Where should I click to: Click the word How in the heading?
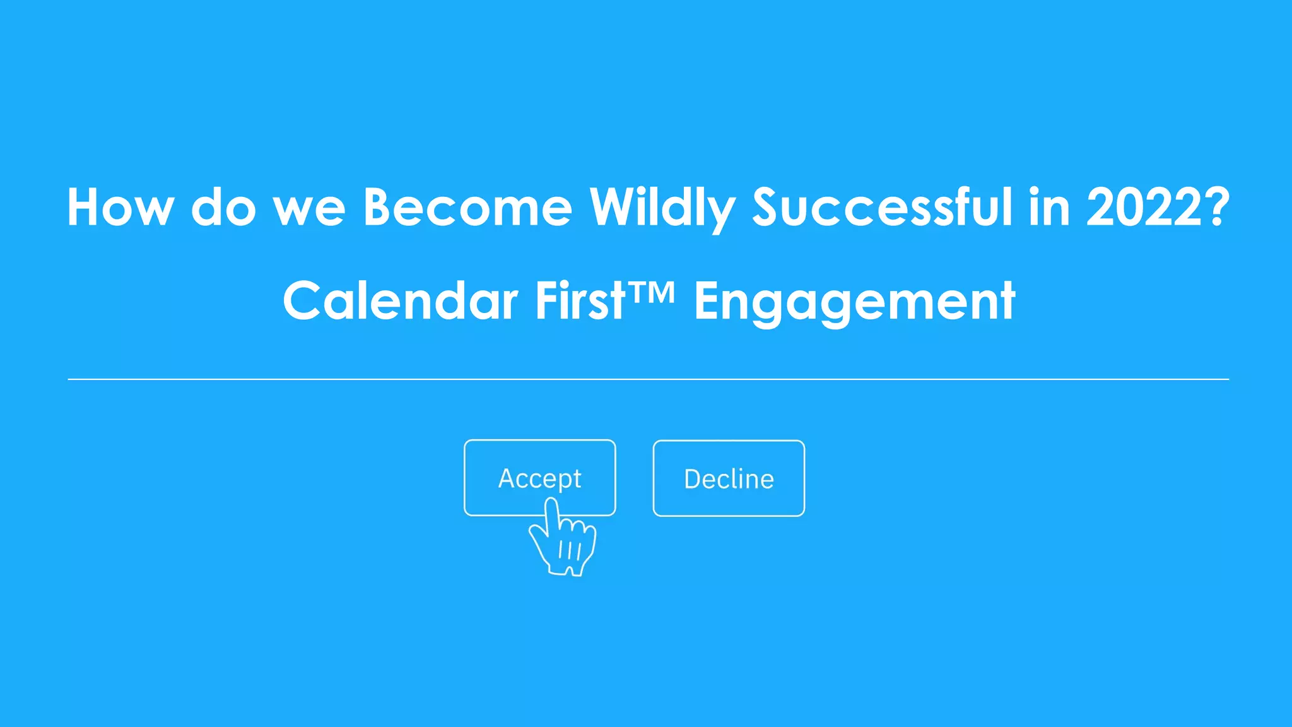point(120,207)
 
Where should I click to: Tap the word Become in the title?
point(467,207)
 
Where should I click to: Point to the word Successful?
point(882,207)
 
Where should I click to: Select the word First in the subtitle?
point(580,301)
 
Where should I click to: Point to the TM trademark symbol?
point(651,292)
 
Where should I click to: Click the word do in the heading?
point(223,207)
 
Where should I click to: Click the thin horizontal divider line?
point(648,379)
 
